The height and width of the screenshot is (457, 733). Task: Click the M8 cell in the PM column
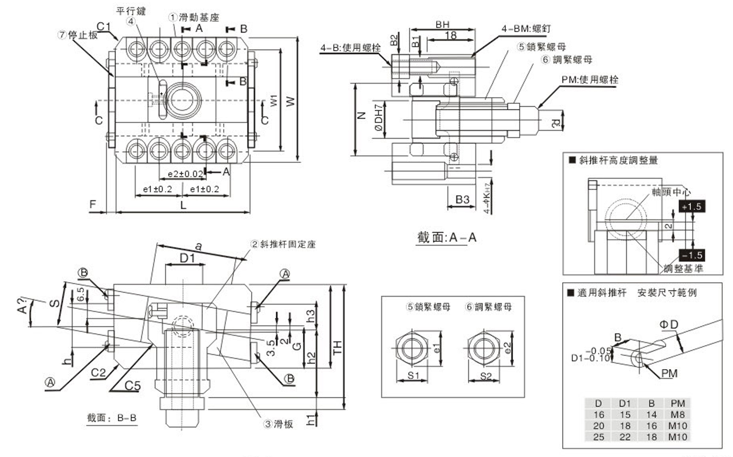click(678, 415)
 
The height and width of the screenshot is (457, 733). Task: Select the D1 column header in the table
click(625, 403)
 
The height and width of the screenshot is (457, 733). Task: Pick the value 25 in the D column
click(599, 437)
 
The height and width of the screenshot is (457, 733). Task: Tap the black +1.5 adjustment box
click(691, 207)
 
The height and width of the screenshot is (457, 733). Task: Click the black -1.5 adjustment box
click(691, 256)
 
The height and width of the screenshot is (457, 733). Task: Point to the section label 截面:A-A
click(447, 238)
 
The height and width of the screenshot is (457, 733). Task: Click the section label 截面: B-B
click(112, 418)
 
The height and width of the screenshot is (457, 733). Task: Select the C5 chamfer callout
click(132, 386)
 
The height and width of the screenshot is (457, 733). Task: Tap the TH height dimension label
click(338, 347)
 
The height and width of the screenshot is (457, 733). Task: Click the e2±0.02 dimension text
click(185, 174)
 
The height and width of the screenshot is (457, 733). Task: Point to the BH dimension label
click(442, 25)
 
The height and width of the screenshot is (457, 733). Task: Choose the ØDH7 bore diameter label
click(378, 118)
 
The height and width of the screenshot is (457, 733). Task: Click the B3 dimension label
click(462, 200)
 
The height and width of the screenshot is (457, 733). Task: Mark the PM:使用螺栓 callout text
click(590, 80)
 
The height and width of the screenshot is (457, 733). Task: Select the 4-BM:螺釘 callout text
click(526, 29)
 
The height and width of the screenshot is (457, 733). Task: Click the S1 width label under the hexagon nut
click(413, 376)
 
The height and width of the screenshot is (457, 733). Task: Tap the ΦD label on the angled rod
click(668, 325)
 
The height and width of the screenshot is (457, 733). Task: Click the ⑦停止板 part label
click(78, 35)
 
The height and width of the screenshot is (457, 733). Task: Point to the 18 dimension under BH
click(451, 35)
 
